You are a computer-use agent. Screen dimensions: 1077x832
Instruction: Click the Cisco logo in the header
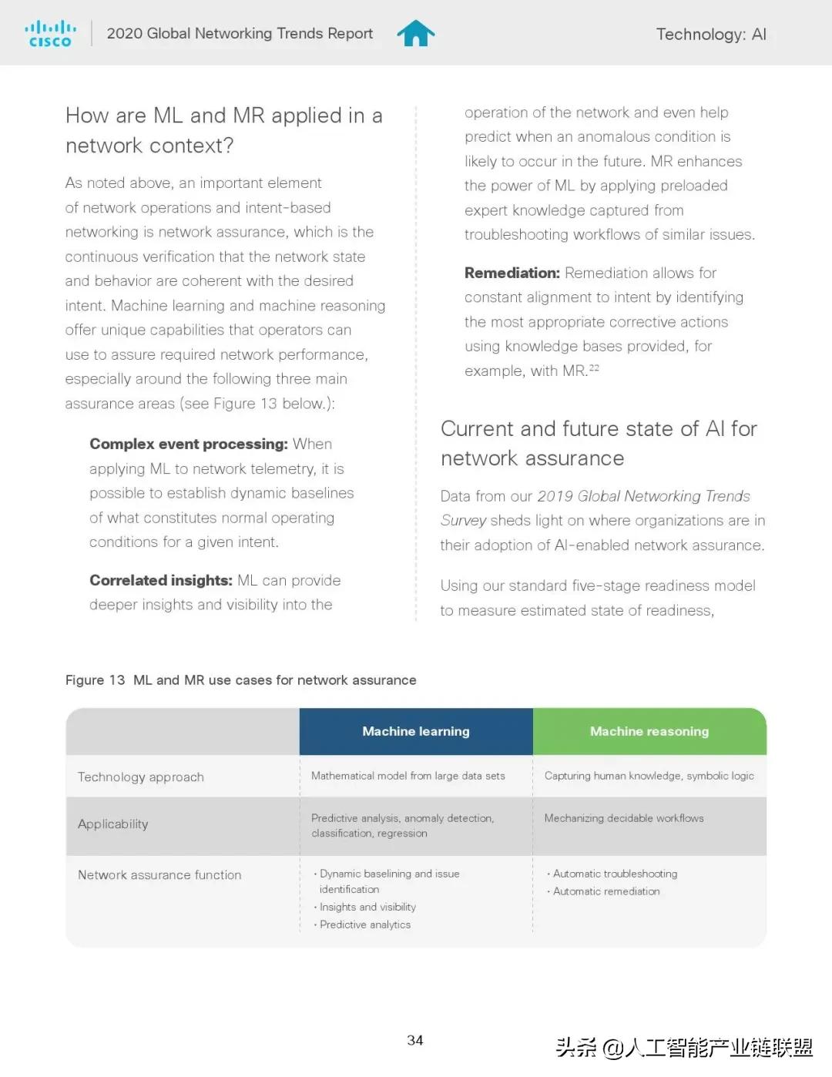tap(50, 34)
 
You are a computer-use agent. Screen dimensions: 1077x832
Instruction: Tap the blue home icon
tap(416, 33)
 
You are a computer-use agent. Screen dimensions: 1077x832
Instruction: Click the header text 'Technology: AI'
tap(710, 34)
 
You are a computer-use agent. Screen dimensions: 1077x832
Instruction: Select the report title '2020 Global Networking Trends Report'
tap(240, 33)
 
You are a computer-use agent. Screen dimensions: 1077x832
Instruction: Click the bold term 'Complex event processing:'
tap(188, 444)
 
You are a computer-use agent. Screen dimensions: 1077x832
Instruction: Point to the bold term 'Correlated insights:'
tap(160, 580)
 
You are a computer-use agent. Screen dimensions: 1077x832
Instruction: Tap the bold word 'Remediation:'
tap(512, 273)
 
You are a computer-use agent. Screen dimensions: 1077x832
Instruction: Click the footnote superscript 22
tap(594, 368)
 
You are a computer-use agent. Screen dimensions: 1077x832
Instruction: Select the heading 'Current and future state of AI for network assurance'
tap(599, 443)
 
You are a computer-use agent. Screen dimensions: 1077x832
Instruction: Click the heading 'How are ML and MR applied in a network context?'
tap(223, 130)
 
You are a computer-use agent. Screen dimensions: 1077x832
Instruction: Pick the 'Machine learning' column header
tap(416, 731)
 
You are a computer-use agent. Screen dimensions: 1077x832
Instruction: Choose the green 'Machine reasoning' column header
tap(649, 731)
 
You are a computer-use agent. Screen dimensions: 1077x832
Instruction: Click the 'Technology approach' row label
tap(141, 777)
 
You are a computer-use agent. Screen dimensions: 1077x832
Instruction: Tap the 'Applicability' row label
tap(113, 824)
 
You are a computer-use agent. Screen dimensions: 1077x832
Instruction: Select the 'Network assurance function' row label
tap(159, 874)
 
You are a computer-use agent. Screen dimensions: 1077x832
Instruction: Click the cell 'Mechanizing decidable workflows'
tap(624, 818)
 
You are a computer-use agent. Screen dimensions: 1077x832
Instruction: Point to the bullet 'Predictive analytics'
tap(364, 924)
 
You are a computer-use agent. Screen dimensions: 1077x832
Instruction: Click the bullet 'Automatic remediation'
tap(606, 891)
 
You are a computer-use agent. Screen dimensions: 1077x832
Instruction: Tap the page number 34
tap(415, 1040)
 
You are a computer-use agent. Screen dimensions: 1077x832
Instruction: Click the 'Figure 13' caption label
tap(95, 680)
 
